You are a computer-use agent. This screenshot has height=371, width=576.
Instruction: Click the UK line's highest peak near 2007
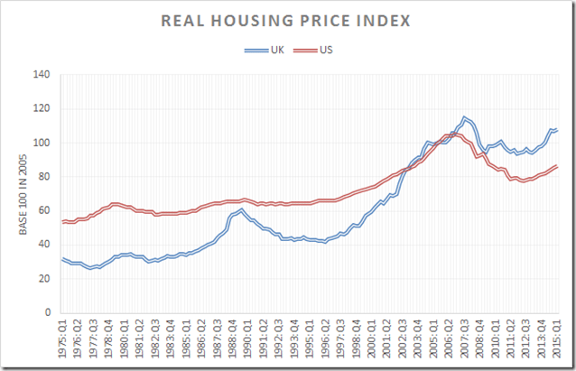click(x=465, y=117)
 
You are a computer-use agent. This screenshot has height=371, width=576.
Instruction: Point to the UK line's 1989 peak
click(x=241, y=209)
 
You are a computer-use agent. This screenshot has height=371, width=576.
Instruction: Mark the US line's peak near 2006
click(x=454, y=134)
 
